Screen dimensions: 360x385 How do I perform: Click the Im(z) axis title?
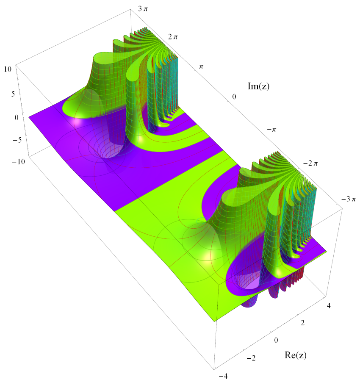click(258, 86)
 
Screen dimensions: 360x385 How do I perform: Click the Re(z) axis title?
click(296, 355)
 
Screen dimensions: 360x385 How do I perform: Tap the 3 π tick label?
click(143, 9)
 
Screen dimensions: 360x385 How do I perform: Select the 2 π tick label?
click(173, 37)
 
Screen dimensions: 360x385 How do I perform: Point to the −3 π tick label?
click(349, 199)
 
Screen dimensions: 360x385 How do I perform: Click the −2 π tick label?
click(310, 163)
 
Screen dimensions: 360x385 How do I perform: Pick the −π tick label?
click(271, 130)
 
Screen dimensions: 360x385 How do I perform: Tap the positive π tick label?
click(201, 66)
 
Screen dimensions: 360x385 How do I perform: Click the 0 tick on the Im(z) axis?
click(234, 97)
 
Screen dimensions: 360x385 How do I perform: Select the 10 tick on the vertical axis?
click(8, 69)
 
